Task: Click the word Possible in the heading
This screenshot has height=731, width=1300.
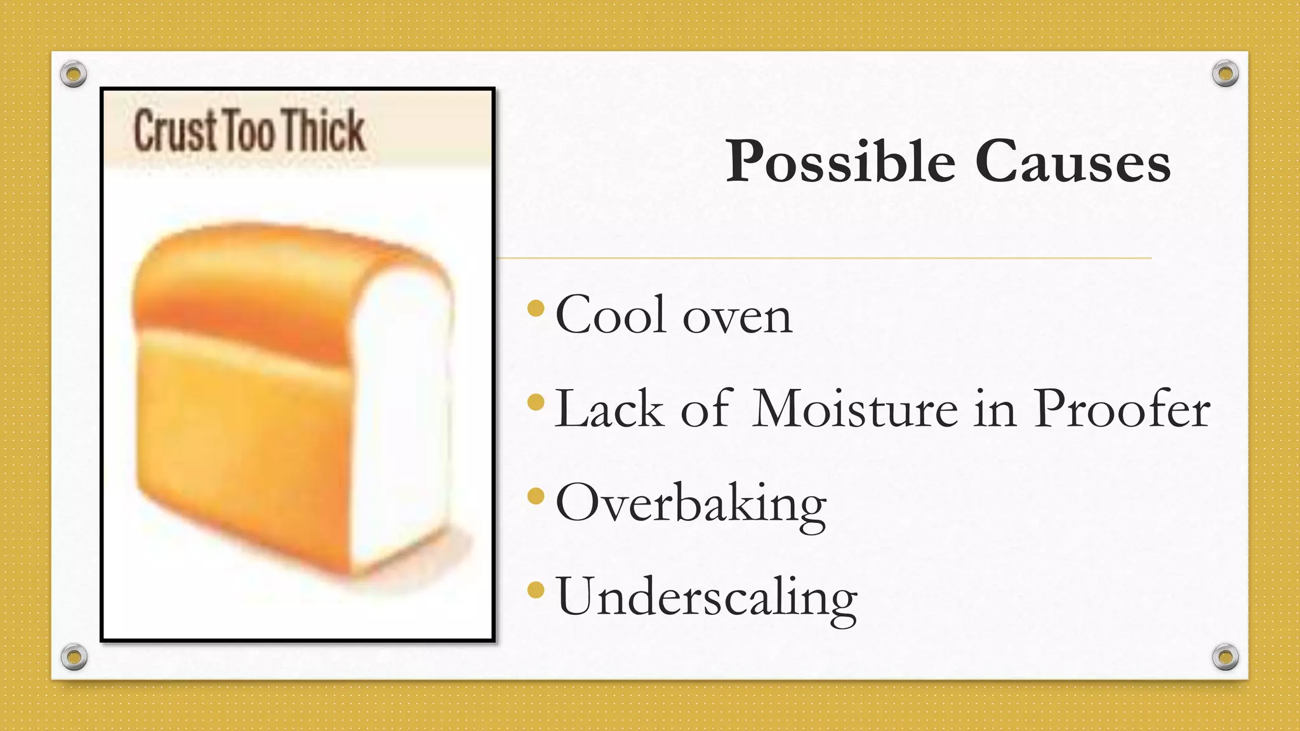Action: pos(840,162)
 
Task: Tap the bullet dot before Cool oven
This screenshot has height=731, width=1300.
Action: pos(536,309)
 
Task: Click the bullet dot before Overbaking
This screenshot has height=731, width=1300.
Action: pos(536,496)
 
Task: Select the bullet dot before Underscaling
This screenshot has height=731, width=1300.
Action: pos(536,590)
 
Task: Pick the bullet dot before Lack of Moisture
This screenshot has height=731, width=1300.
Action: pos(536,402)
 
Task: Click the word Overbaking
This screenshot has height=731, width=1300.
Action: pos(691,504)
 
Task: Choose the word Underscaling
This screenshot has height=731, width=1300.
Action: pos(706,597)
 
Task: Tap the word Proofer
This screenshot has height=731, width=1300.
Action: pos(1122,409)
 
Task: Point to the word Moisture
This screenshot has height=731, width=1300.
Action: pos(855,409)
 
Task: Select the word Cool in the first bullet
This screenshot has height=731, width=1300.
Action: pos(611,315)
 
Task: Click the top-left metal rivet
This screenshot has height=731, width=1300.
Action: pos(74,74)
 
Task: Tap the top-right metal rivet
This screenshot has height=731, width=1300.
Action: pos(1225,74)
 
